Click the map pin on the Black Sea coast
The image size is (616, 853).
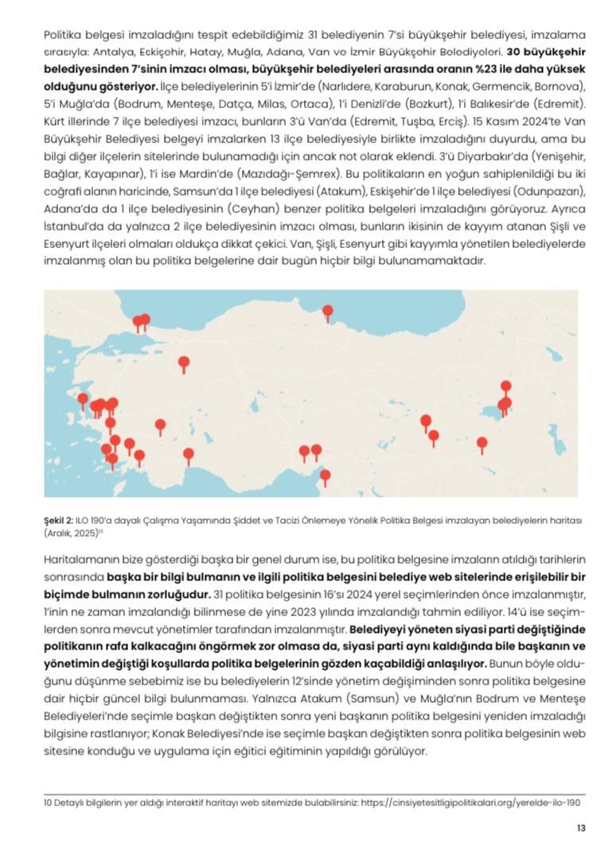pos(327,312)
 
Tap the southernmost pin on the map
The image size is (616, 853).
pos(325,476)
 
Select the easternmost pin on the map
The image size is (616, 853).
pos(505,388)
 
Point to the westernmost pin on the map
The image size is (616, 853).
pos(81,398)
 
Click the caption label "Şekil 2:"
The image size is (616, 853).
pos(60,519)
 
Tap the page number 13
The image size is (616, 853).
pos(581,828)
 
